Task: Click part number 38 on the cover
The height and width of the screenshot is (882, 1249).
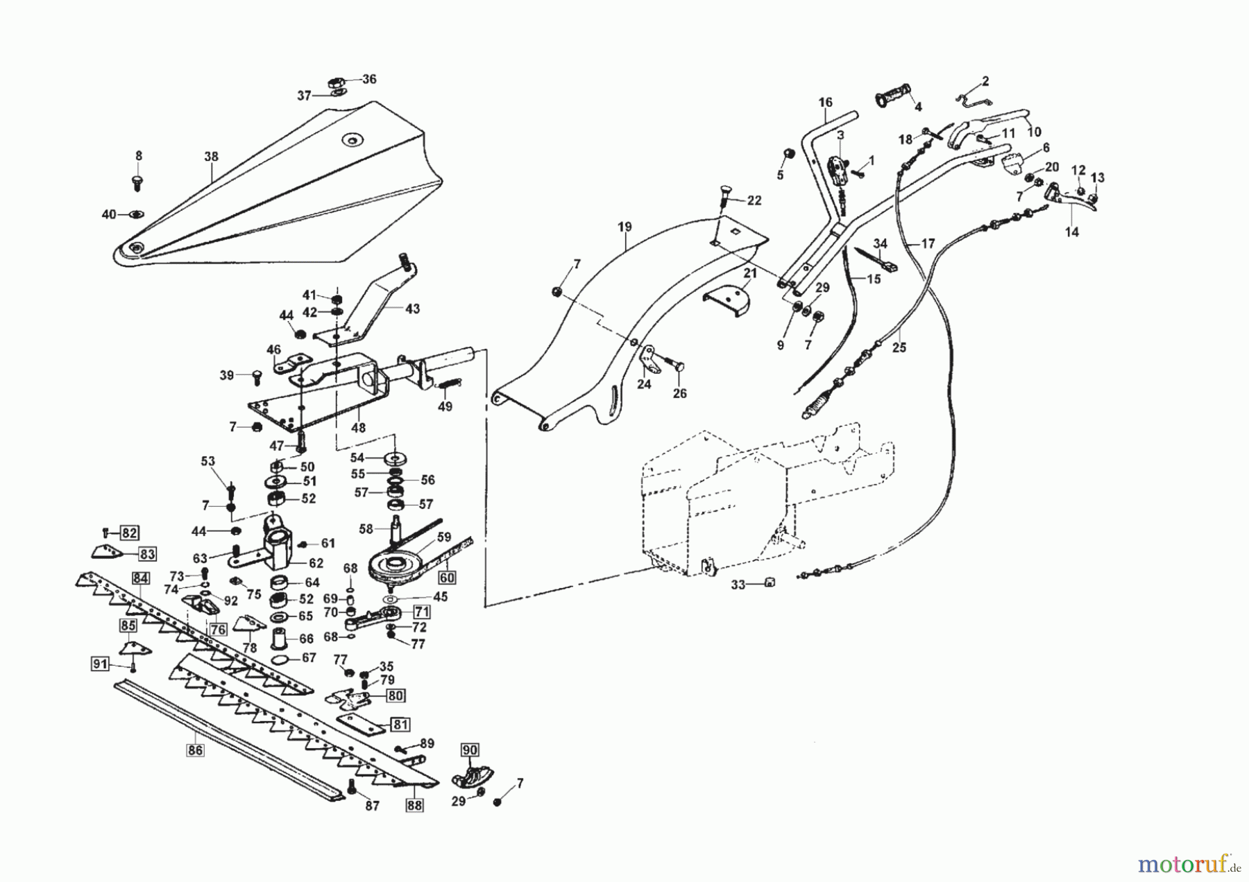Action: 211,157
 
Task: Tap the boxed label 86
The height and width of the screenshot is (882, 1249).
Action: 196,749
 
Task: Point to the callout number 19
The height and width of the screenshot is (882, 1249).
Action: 624,227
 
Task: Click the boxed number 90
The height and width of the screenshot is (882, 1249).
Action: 470,750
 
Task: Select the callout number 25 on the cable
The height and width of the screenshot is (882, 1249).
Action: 899,347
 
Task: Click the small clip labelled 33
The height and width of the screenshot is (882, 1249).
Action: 768,583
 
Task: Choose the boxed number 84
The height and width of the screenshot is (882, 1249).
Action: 141,578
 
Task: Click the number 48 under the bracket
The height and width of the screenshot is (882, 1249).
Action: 358,428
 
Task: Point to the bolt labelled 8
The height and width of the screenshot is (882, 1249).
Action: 137,182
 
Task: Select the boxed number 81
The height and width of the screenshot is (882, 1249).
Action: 400,725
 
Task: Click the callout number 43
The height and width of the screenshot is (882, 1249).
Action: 412,309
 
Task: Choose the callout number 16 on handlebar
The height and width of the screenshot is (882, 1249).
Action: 824,103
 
